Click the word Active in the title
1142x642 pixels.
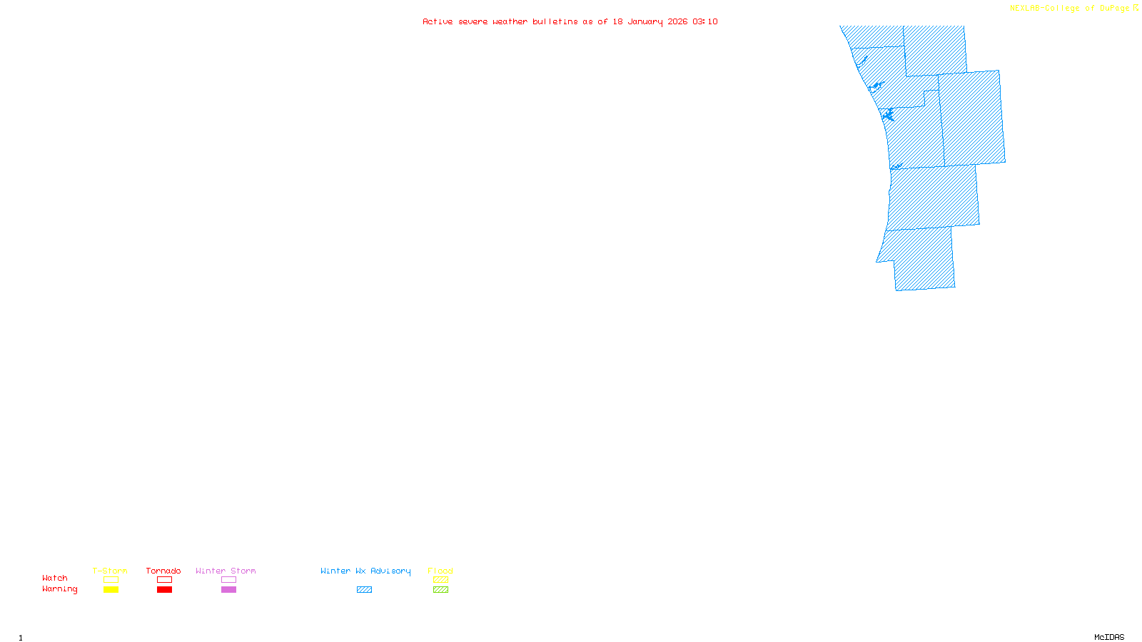tap(437, 21)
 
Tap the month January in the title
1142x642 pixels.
tap(645, 21)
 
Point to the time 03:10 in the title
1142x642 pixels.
tap(705, 21)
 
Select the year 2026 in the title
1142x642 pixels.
tap(677, 21)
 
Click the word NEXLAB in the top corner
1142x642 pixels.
tap(1025, 9)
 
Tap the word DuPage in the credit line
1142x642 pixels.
tap(1114, 9)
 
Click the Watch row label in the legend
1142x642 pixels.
tap(55, 579)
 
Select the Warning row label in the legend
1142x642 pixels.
tap(60, 589)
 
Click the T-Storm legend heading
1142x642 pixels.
tap(110, 571)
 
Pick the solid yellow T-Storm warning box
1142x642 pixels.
tap(111, 590)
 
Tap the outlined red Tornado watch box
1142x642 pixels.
tap(164, 580)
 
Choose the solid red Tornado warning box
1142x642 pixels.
tap(164, 590)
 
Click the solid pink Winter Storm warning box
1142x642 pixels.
tap(228, 590)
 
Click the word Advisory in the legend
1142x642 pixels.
tap(390, 571)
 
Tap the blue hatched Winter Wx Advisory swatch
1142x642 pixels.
tap(364, 590)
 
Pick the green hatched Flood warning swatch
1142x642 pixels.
tap(440, 590)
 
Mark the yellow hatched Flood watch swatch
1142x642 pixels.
tap(440, 580)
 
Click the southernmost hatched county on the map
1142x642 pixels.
tap(923, 260)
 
